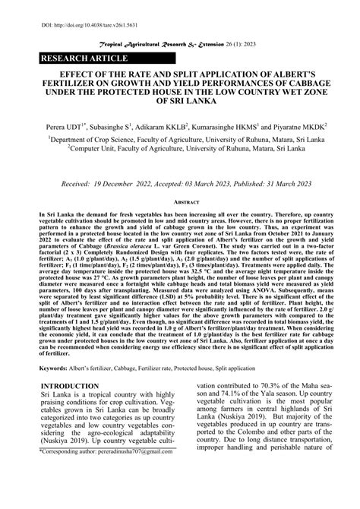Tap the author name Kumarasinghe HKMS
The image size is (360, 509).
click(x=229, y=129)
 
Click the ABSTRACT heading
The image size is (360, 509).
click(x=180, y=204)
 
